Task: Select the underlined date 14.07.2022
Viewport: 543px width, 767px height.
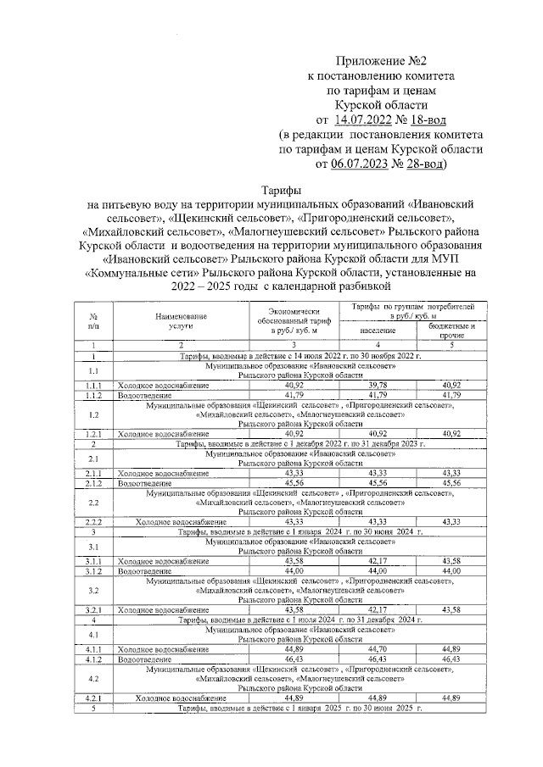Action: tap(366, 119)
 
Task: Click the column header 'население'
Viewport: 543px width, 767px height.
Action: tap(378, 329)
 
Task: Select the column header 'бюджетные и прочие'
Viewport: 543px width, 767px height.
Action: tap(451, 329)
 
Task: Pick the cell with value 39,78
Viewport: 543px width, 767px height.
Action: tap(378, 386)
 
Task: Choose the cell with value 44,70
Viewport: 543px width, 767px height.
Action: tap(378, 649)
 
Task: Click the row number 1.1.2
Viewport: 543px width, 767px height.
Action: tap(93, 395)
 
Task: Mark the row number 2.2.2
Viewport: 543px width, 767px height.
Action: tap(93, 521)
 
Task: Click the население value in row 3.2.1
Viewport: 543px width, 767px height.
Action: tap(378, 609)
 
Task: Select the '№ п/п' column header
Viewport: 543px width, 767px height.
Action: tap(93, 320)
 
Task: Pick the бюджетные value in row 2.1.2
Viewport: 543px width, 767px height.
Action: tap(451, 483)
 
